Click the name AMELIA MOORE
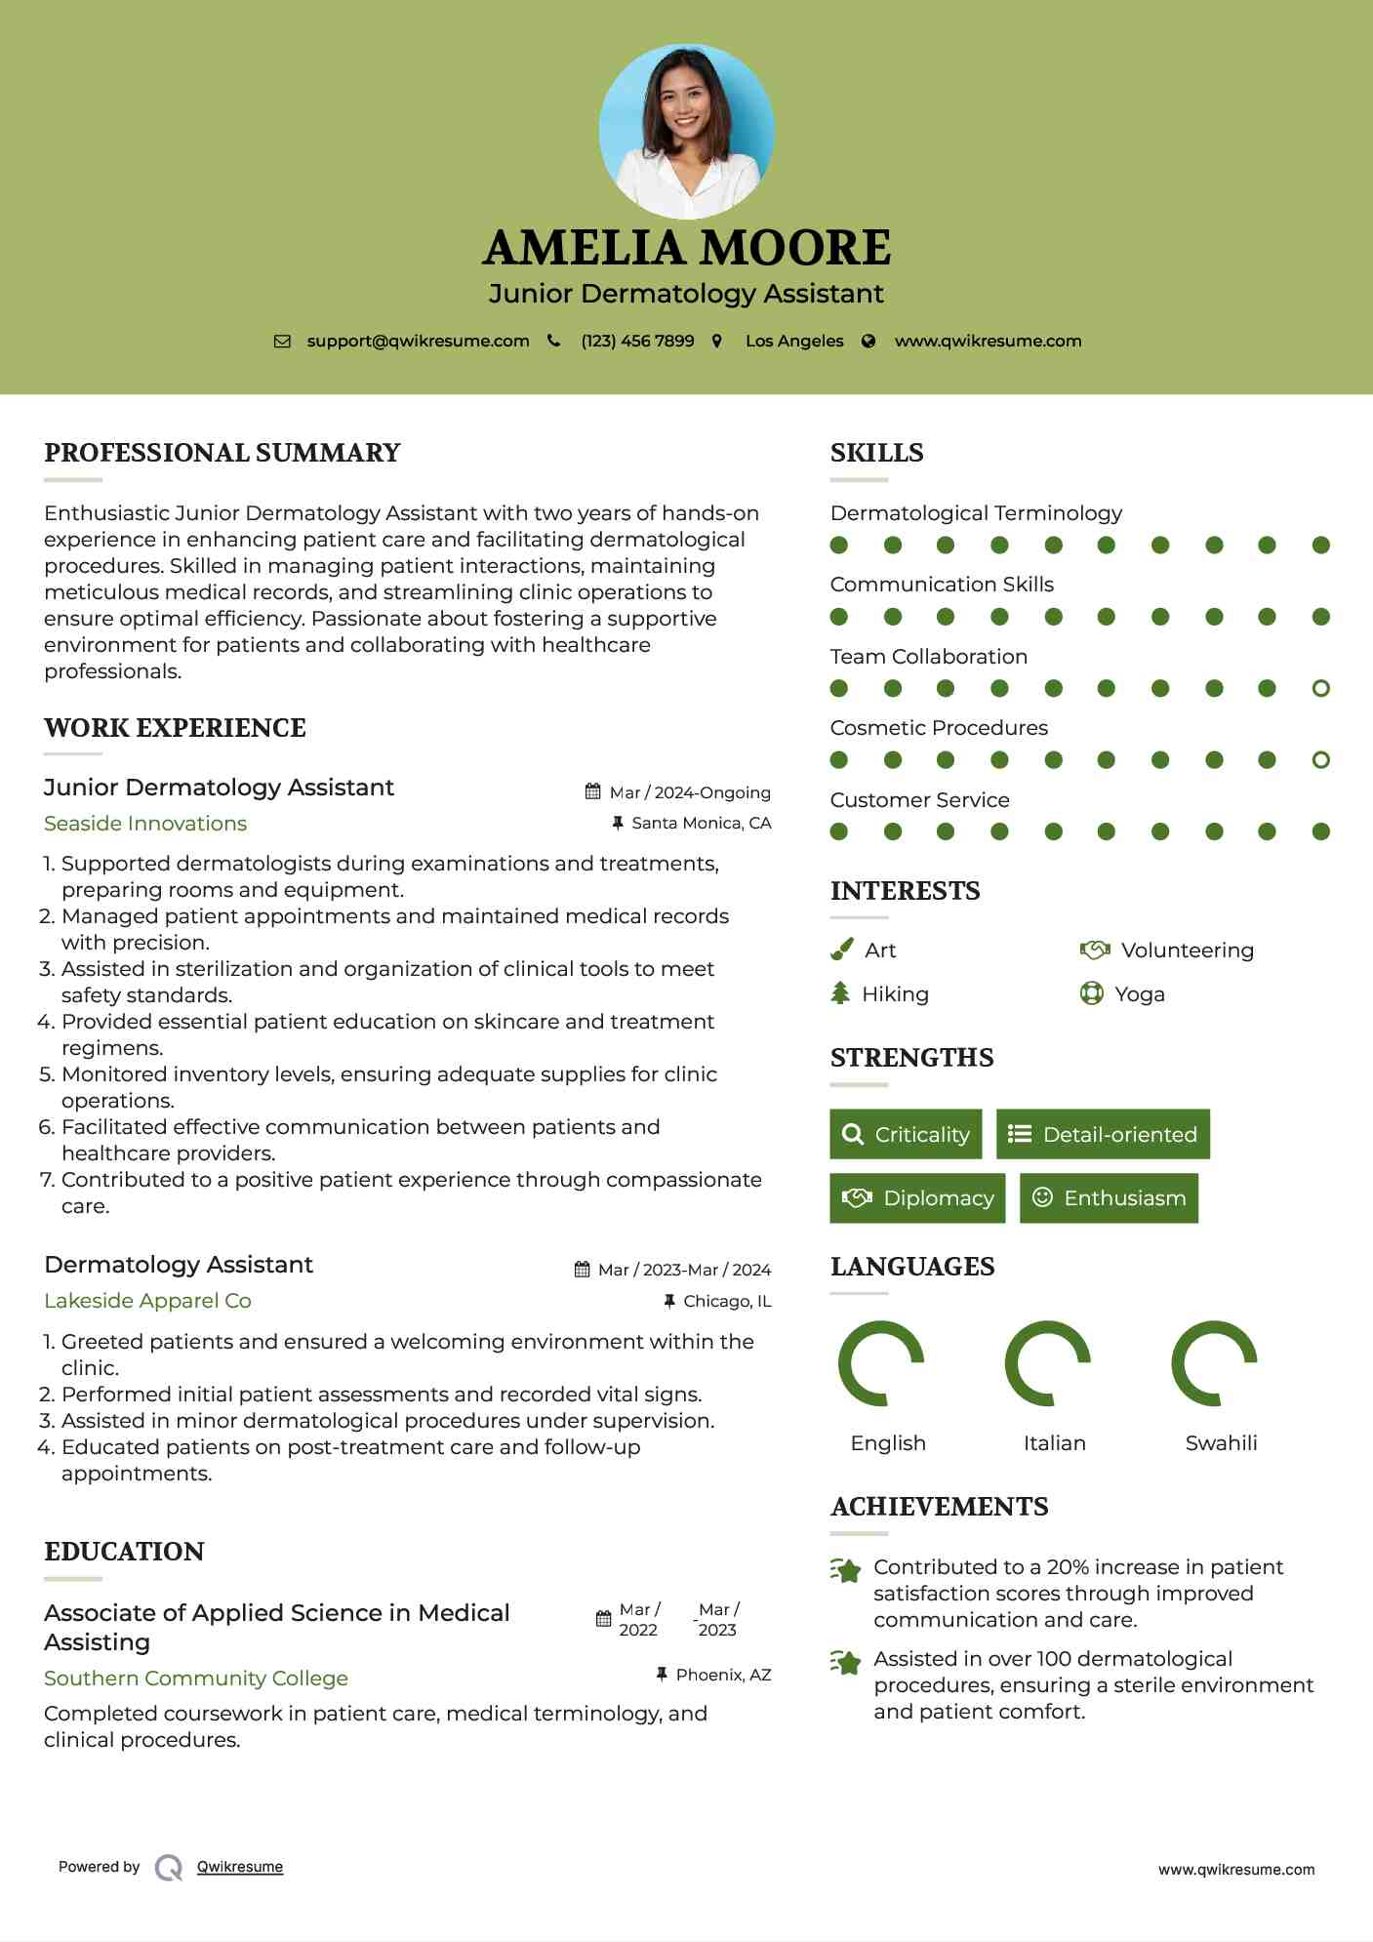coord(686,248)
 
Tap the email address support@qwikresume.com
coord(418,342)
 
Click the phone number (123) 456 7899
coord(637,342)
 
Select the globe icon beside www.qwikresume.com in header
coord(868,342)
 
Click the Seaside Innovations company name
coord(145,824)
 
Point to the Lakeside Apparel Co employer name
coord(147,1301)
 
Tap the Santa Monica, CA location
coord(701,824)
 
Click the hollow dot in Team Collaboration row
coord(1320,689)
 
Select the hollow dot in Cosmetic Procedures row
coord(1320,760)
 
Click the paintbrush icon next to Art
coord(841,950)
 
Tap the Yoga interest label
coord(1139,994)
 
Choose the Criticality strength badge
coord(906,1134)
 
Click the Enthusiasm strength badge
coord(1109,1198)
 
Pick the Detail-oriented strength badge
coord(1103,1134)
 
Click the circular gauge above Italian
coord(1047,1363)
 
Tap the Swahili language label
coord(1221,1443)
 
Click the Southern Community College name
coord(196,1679)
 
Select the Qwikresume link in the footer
coord(240,1867)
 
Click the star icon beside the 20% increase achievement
coord(846,1570)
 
